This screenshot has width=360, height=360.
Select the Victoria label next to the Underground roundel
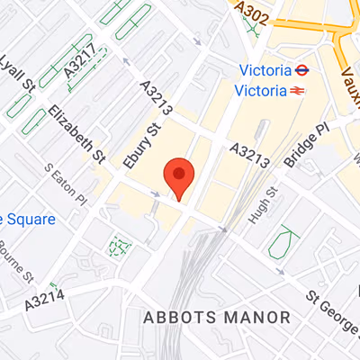coord(265,70)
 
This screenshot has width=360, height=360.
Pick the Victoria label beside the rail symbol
coord(258,90)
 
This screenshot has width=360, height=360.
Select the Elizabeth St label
coord(76,136)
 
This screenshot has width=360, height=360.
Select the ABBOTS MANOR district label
coord(217,318)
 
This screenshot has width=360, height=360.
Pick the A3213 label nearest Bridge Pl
coord(249,155)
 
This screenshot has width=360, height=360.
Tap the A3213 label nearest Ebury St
coord(156,98)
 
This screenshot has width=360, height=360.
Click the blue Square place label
coord(27,219)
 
